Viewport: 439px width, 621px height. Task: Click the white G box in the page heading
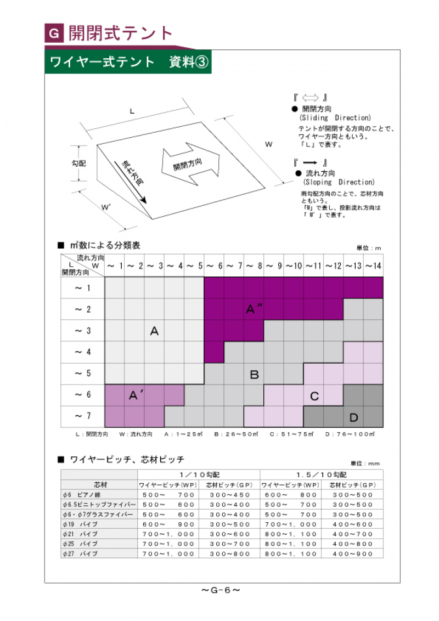point(54,34)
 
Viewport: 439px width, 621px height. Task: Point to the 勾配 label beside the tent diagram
point(79,163)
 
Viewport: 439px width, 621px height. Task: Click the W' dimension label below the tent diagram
point(106,207)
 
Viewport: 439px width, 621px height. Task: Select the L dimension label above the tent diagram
point(132,111)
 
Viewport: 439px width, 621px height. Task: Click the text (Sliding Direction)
point(335,118)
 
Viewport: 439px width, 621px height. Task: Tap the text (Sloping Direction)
point(339,182)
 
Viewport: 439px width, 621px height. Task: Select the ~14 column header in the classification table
point(373,266)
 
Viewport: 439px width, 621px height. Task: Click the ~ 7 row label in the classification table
point(82,416)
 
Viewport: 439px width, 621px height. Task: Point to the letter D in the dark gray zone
point(353,417)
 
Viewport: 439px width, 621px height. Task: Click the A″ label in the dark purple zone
point(254,309)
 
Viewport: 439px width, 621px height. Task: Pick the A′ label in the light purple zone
point(136,395)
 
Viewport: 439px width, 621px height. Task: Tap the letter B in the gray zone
point(254,375)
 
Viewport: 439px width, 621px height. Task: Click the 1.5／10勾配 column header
point(321,475)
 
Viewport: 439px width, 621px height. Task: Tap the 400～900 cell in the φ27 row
point(352,554)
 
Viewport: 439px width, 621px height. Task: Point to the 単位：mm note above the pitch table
point(365,464)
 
